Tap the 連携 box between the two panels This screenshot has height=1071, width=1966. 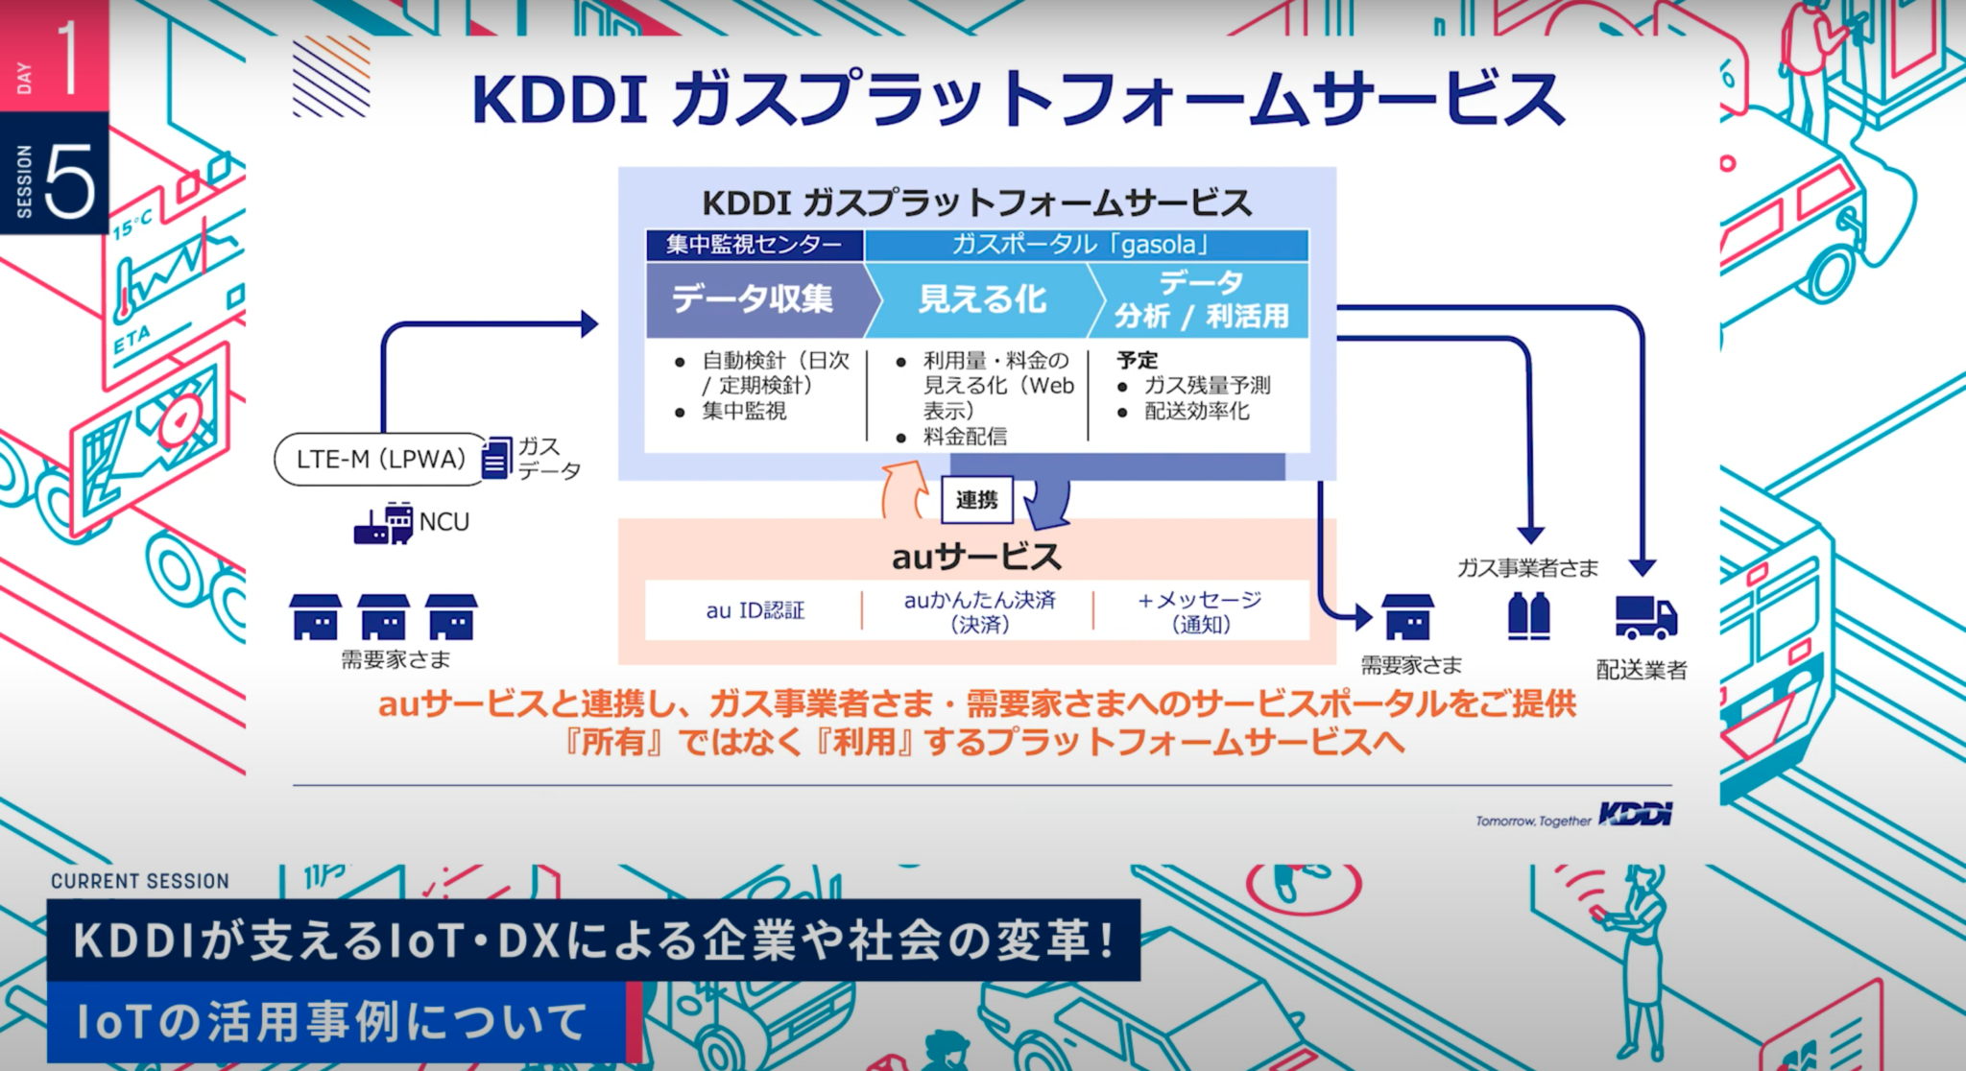(x=976, y=500)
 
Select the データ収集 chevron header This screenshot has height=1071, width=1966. (x=755, y=298)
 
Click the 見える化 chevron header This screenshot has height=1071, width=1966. (x=981, y=298)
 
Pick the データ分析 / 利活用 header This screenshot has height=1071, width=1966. (x=1201, y=298)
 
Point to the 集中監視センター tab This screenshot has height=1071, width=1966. (x=754, y=245)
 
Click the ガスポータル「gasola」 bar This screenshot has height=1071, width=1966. (x=1085, y=245)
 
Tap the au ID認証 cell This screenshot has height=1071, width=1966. (x=755, y=610)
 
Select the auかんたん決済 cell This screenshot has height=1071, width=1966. (x=979, y=610)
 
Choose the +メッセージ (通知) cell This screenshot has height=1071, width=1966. (x=1200, y=610)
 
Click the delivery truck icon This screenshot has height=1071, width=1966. (x=1645, y=617)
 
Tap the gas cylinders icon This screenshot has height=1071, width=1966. (x=1528, y=615)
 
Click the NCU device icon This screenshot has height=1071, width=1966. (x=384, y=523)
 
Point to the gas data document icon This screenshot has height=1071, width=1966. (x=496, y=459)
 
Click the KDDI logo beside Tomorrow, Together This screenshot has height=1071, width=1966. (x=1635, y=815)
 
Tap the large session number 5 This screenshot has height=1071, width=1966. (x=69, y=180)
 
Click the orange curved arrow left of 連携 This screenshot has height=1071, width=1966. (x=903, y=489)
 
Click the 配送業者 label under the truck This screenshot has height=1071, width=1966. (x=1642, y=670)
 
